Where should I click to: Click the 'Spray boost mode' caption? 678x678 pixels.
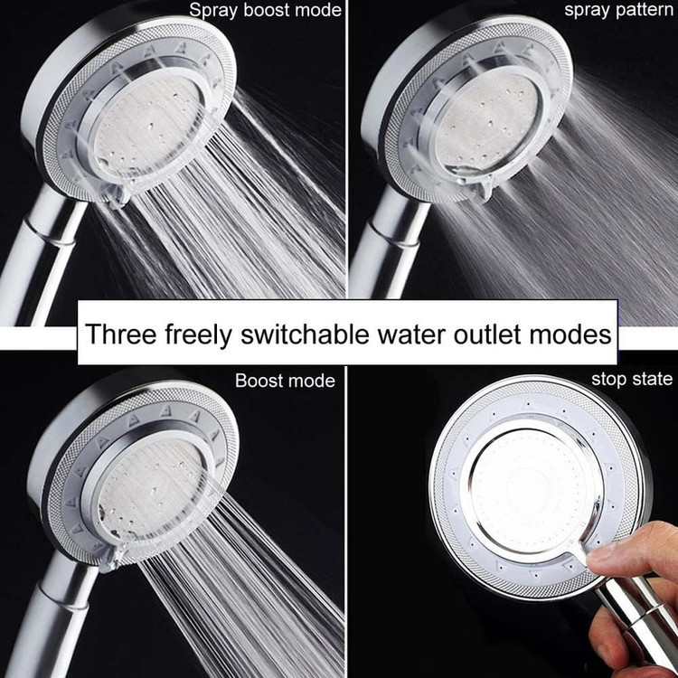265,11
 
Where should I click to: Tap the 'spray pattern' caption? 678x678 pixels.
618,10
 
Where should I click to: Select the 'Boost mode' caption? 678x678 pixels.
285,381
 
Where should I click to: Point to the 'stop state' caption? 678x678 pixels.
632,379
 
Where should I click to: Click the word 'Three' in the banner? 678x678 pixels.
120,334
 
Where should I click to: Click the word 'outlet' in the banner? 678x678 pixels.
487,334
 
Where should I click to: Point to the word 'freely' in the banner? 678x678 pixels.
198,334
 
